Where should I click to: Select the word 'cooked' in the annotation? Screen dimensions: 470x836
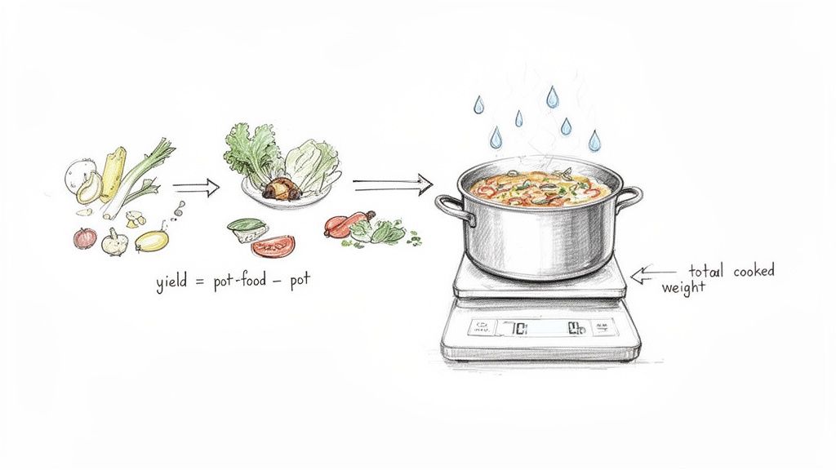[753, 271]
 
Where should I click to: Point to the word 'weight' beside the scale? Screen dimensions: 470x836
[683, 287]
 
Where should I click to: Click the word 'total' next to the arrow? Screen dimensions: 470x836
[707, 271]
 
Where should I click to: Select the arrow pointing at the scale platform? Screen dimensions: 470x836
[654, 275]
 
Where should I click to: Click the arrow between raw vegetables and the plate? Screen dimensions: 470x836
[196, 188]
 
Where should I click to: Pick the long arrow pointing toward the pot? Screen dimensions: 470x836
[392, 185]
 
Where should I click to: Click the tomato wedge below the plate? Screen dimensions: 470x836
[273, 246]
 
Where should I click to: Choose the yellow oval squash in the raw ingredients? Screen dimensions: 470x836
[152, 240]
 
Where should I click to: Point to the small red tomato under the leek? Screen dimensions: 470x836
[85, 237]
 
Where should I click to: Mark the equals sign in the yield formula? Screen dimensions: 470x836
[198, 283]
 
